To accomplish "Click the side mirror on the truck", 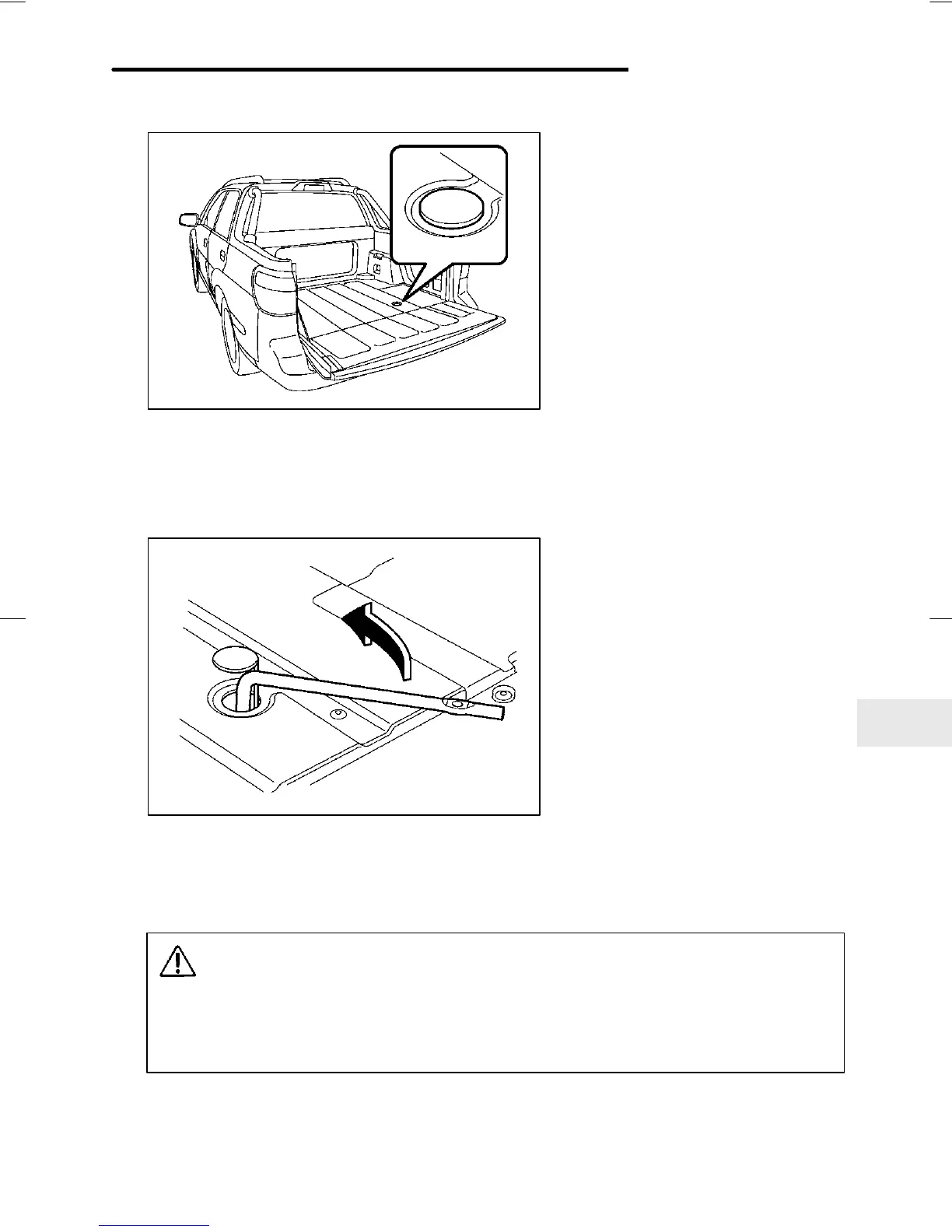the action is [187, 220].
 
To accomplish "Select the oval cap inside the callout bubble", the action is [450, 208].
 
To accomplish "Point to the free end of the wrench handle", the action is [498, 711].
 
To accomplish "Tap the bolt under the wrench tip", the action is [458, 703].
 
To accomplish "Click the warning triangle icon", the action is [178, 962].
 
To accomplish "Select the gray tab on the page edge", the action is [904, 722].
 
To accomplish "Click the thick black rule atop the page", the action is [369, 70].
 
